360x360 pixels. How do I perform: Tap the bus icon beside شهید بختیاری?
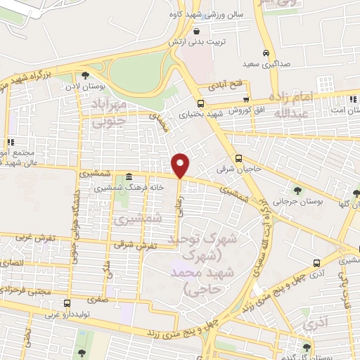pos(201,103)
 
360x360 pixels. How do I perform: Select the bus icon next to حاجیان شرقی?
pos(239,158)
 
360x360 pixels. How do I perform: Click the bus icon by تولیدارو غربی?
pos(67,304)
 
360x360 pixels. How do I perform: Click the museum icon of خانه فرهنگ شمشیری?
pos(129,177)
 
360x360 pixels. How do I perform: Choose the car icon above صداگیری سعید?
pos(266,53)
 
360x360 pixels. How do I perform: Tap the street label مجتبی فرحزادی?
pos(28,290)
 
